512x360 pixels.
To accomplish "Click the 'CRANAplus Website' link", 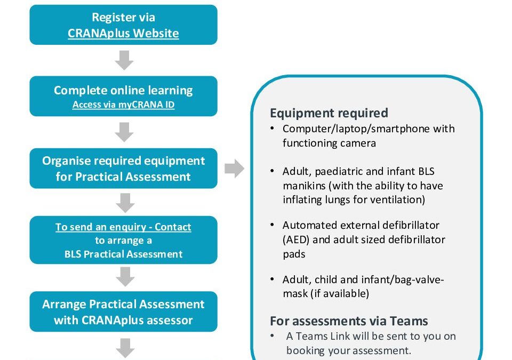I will (123, 33).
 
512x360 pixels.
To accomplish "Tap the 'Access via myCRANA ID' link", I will (123, 105).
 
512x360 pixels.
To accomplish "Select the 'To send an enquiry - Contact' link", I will (123, 227).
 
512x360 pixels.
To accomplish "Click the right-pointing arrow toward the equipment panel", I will (234, 169).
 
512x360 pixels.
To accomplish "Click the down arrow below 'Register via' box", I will (124, 61).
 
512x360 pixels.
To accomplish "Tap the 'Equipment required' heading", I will (329, 113).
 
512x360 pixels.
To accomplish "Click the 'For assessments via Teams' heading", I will (349, 321).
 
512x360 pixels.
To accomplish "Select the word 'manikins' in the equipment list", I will (303, 186).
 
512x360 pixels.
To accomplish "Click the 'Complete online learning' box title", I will (123, 90).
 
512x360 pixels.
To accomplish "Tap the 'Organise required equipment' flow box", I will (123, 168).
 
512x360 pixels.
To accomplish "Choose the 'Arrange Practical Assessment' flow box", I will (123, 311).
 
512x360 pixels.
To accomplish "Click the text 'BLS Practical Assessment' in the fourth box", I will (123, 254).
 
